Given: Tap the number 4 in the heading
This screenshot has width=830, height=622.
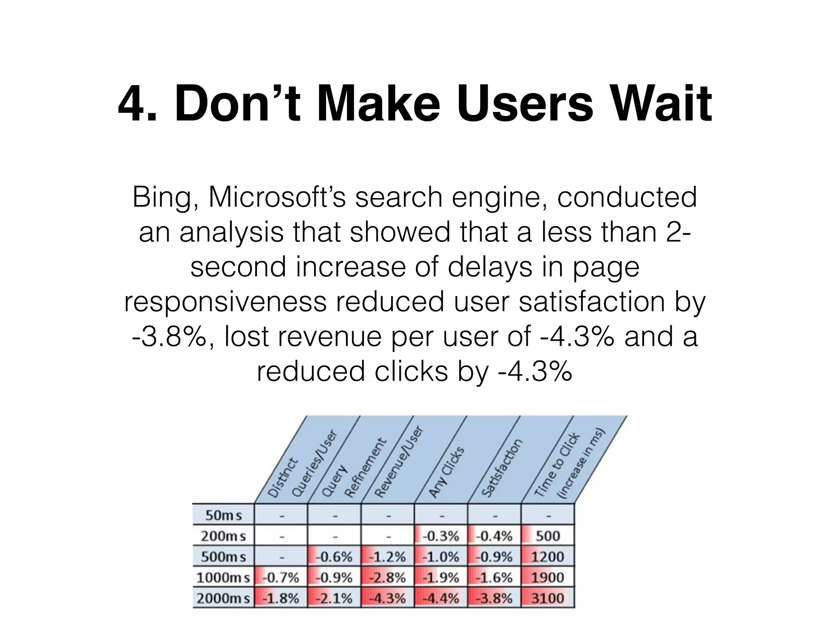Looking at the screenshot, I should coord(133,104).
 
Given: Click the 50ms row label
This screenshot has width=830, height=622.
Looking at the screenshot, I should coord(223,515).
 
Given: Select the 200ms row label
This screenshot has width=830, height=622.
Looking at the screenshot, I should coord(223,536).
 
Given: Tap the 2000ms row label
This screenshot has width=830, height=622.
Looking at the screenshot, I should coord(223,599).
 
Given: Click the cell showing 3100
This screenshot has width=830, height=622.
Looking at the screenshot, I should coord(547,599).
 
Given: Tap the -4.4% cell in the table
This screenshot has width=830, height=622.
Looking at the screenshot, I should coord(441,599).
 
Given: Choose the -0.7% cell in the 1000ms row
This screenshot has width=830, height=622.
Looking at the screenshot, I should coord(281,577).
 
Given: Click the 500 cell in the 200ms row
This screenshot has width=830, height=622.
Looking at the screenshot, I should coord(547,536).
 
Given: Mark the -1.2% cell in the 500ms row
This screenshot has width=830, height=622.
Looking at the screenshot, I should coord(388,557).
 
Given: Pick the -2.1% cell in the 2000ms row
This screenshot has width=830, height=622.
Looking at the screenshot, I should coord(334,599).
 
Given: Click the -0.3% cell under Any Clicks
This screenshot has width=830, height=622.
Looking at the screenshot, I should coord(441,536).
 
